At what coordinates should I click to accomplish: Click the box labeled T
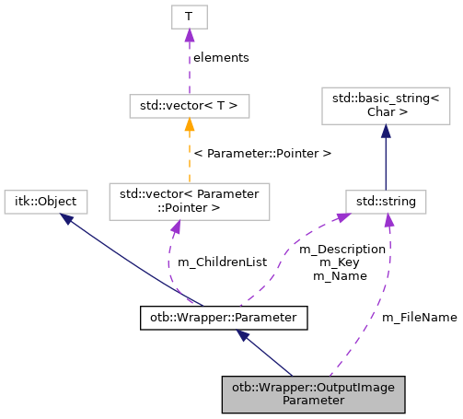[x=189, y=17]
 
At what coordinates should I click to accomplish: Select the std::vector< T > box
[x=189, y=107]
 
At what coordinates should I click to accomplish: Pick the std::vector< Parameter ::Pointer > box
[x=189, y=201]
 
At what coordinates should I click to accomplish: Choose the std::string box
[x=385, y=201]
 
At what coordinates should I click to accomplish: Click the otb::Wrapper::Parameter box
[x=223, y=318]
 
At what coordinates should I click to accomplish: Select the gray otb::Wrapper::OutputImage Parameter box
[x=313, y=393]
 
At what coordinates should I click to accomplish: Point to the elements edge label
[x=221, y=57]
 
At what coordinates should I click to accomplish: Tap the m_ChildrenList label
[x=222, y=262]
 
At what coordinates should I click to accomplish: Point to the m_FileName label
[x=419, y=317]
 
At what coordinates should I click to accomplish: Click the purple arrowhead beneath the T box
[x=189, y=36]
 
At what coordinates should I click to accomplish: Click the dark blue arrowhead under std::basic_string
[x=385, y=133]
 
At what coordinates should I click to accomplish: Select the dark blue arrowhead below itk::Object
[x=66, y=219]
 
